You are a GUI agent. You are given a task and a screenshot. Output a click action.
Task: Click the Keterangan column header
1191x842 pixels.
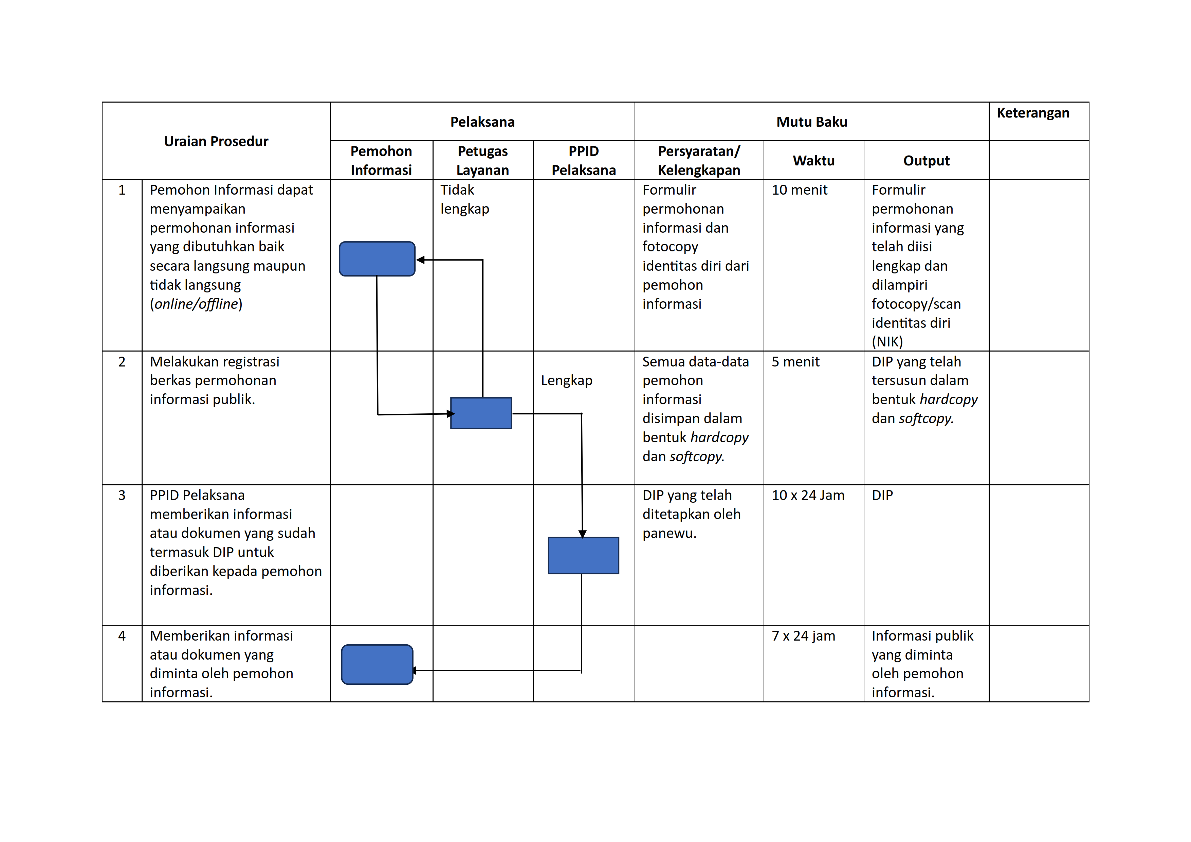pyautogui.click(x=1033, y=113)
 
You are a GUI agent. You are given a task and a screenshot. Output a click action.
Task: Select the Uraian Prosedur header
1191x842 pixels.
pyautogui.click(x=216, y=141)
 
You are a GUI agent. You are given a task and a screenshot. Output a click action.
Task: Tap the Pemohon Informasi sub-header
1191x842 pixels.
pyautogui.click(x=381, y=160)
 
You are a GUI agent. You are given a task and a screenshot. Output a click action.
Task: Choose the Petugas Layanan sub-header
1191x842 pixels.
pyautogui.click(x=482, y=160)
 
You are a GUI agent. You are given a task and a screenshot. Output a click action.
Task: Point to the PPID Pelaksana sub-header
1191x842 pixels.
pyautogui.click(x=584, y=160)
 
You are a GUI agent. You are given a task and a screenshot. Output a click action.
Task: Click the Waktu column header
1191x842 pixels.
pyautogui.click(x=813, y=161)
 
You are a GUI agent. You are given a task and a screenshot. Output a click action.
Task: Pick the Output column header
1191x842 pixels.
pyautogui.click(x=927, y=161)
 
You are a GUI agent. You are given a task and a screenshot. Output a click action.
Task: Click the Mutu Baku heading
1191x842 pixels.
pyautogui.click(x=812, y=122)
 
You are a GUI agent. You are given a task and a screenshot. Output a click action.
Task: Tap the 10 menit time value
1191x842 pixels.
pyautogui.click(x=799, y=190)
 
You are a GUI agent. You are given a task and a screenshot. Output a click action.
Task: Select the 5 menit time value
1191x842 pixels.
pyautogui.click(x=795, y=362)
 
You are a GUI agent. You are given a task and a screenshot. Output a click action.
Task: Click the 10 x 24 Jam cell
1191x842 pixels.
pyautogui.click(x=808, y=496)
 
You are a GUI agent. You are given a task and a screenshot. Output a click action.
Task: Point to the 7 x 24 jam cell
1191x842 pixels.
pyautogui.click(x=803, y=636)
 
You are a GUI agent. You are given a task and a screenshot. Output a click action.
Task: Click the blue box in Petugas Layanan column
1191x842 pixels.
pyautogui.click(x=481, y=413)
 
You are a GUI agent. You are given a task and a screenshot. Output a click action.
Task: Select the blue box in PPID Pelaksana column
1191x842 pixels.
pyautogui.click(x=584, y=555)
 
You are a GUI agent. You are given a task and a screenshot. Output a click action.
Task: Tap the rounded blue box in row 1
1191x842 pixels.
pyautogui.click(x=377, y=259)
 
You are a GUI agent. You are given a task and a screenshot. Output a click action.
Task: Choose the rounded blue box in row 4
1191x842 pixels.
pyautogui.click(x=377, y=665)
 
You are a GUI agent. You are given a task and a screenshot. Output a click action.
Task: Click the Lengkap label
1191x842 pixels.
pyautogui.click(x=566, y=381)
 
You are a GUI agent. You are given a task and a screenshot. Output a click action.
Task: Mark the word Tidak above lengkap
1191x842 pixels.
pyautogui.click(x=457, y=190)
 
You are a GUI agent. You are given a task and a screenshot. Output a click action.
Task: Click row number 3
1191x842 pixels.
pyautogui.click(x=122, y=496)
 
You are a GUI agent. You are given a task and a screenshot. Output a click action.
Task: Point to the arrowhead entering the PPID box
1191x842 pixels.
pyautogui.click(x=583, y=534)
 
